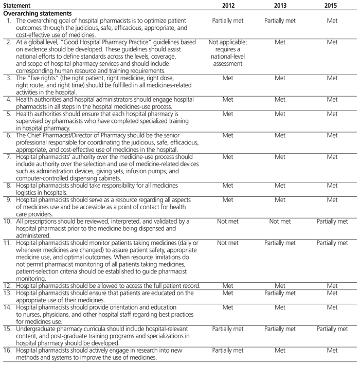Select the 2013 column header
280,5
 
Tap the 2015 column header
332,5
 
